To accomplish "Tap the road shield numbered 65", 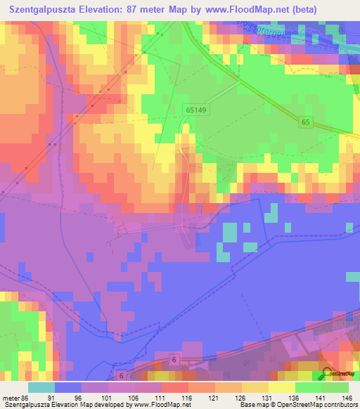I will click(x=305, y=122).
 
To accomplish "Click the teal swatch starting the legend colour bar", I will click(x=41, y=388).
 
